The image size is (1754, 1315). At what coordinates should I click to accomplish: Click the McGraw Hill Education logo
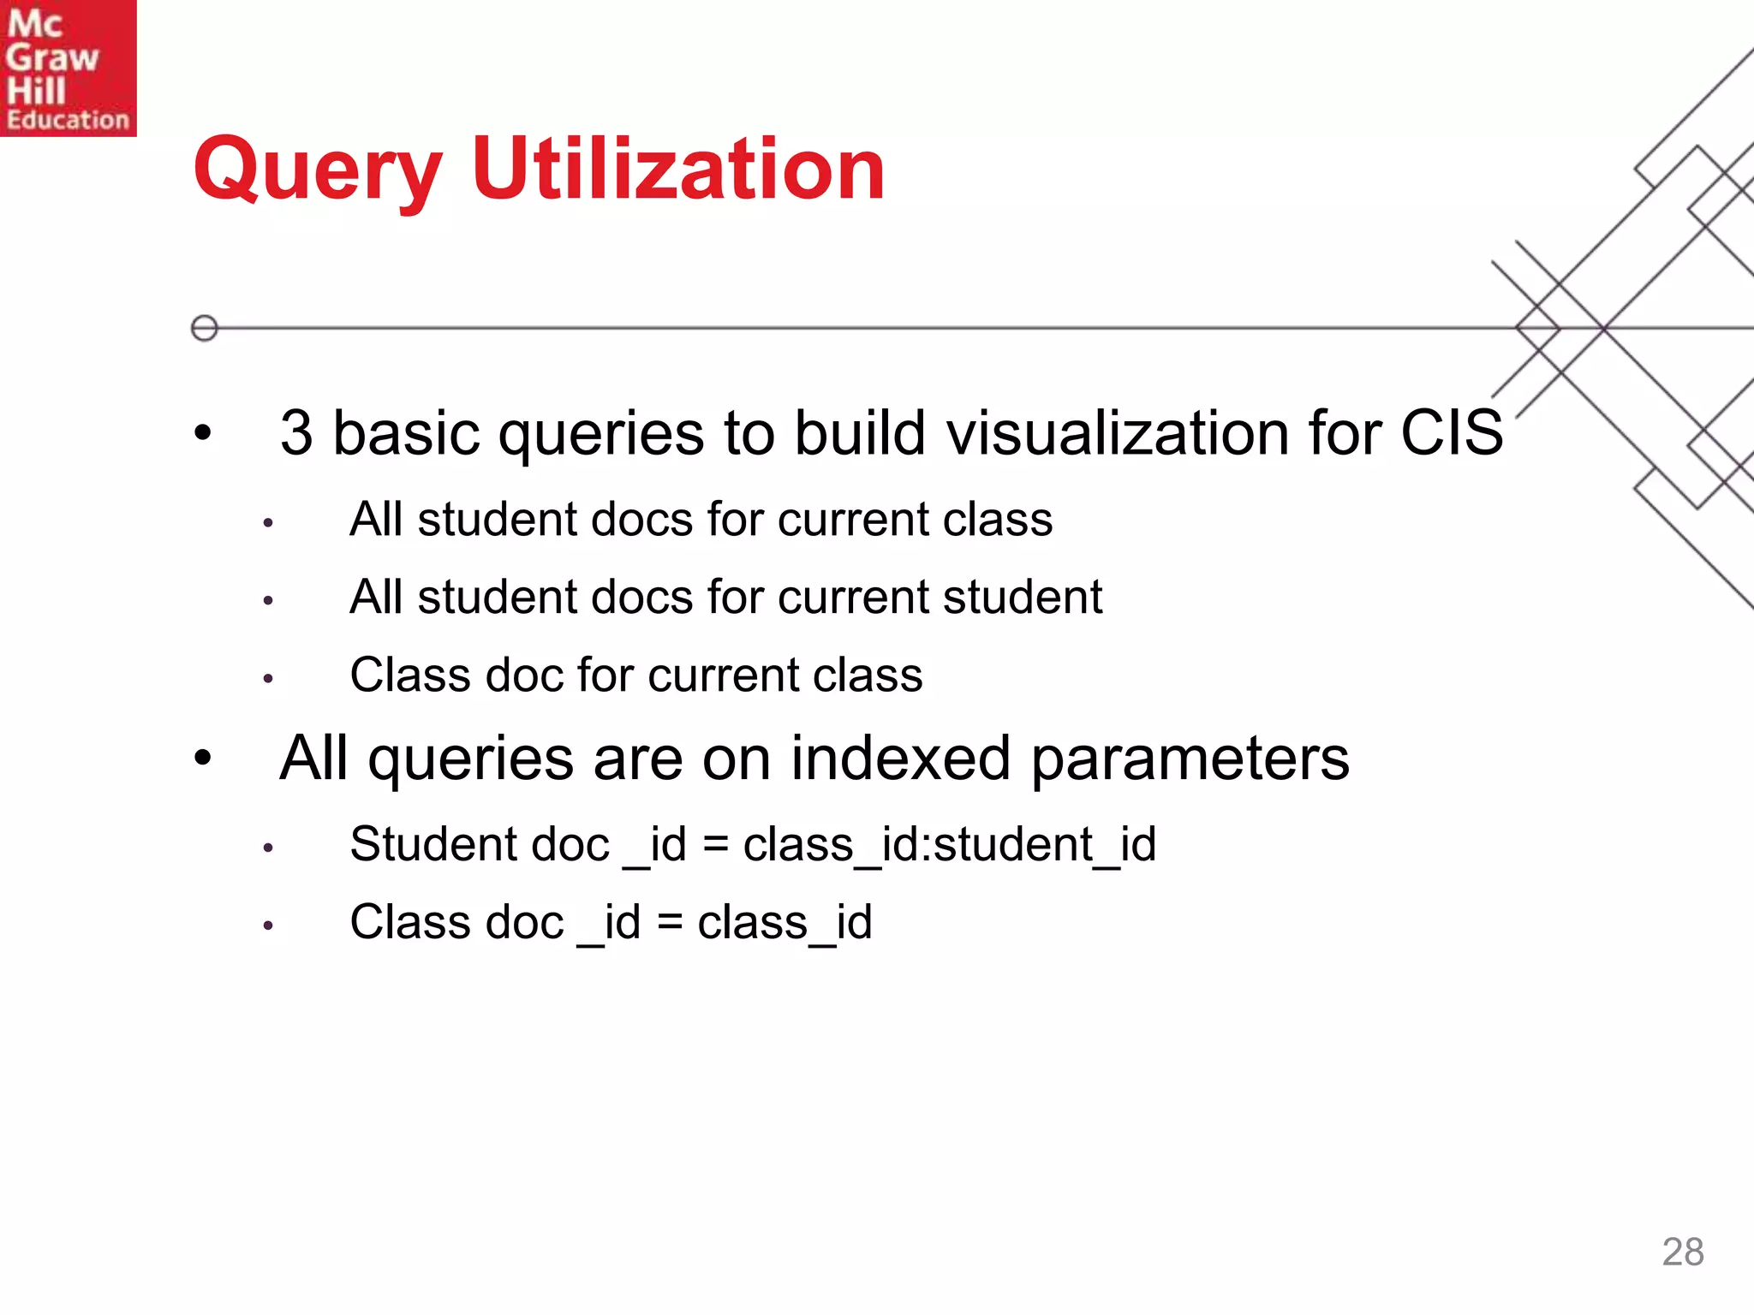pyautogui.click(x=68, y=68)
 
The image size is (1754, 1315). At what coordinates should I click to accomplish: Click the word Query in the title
pyautogui.click(x=318, y=171)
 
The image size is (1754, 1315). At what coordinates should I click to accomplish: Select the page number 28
pyautogui.click(x=1682, y=1252)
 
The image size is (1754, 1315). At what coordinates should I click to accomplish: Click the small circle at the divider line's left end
pyautogui.click(x=204, y=328)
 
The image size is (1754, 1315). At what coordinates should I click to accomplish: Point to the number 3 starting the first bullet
pyautogui.click(x=296, y=433)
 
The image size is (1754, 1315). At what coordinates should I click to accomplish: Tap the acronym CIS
pyautogui.click(x=1451, y=433)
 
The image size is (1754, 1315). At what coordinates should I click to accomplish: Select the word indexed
pyautogui.click(x=900, y=759)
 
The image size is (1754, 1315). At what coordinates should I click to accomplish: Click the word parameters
pyautogui.click(x=1190, y=760)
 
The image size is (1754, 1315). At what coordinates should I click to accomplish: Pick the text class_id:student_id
pyautogui.click(x=949, y=845)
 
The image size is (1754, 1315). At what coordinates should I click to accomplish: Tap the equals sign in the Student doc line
pyautogui.click(x=715, y=845)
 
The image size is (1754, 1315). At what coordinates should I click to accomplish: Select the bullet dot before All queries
pyautogui.click(x=202, y=757)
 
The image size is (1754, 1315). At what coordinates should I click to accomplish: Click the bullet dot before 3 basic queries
pyautogui.click(x=202, y=432)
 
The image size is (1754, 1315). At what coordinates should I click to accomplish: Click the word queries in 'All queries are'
pyautogui.click(x=470, y=760)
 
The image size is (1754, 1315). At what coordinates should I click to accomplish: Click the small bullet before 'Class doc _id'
pyautogui.click(x=268, y=925)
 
